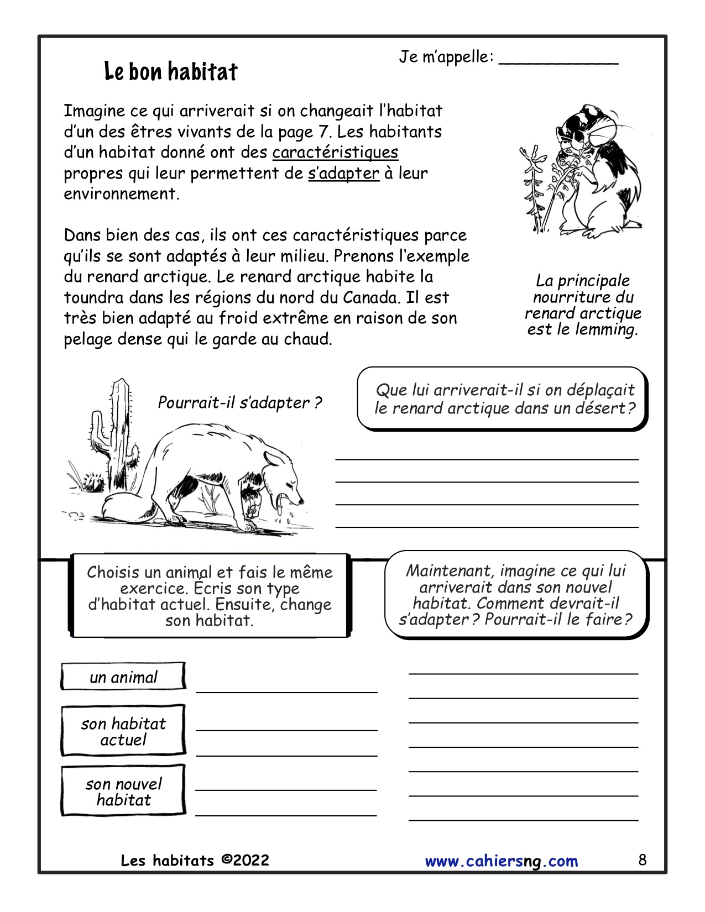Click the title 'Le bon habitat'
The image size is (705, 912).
171,72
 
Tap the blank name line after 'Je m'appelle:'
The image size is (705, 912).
558,61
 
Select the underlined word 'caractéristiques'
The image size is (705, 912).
335,153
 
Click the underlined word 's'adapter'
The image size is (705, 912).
343,174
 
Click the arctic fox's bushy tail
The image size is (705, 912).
124,506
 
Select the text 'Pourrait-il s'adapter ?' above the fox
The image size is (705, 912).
239,403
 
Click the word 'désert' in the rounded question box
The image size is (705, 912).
602,408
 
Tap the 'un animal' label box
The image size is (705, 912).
123,677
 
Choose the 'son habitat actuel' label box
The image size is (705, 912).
123,731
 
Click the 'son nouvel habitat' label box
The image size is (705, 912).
123,792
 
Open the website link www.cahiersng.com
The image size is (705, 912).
501,861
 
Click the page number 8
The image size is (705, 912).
642,860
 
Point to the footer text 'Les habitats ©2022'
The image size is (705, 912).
195,861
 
